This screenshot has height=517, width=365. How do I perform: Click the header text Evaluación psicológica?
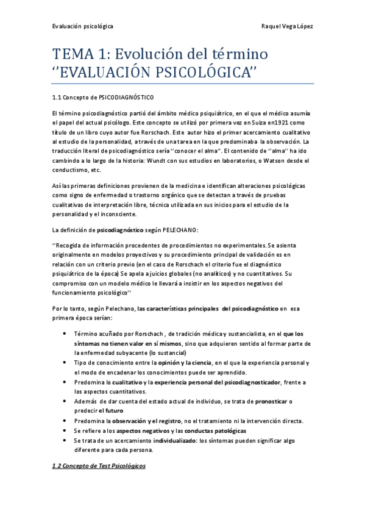(82, 26)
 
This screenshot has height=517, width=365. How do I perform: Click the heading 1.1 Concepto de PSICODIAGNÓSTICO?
(103, 98)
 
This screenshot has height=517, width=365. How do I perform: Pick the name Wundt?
(183, 161)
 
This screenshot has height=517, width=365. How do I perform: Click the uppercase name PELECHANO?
(179, 230)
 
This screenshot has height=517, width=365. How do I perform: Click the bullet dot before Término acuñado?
(65, 334)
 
